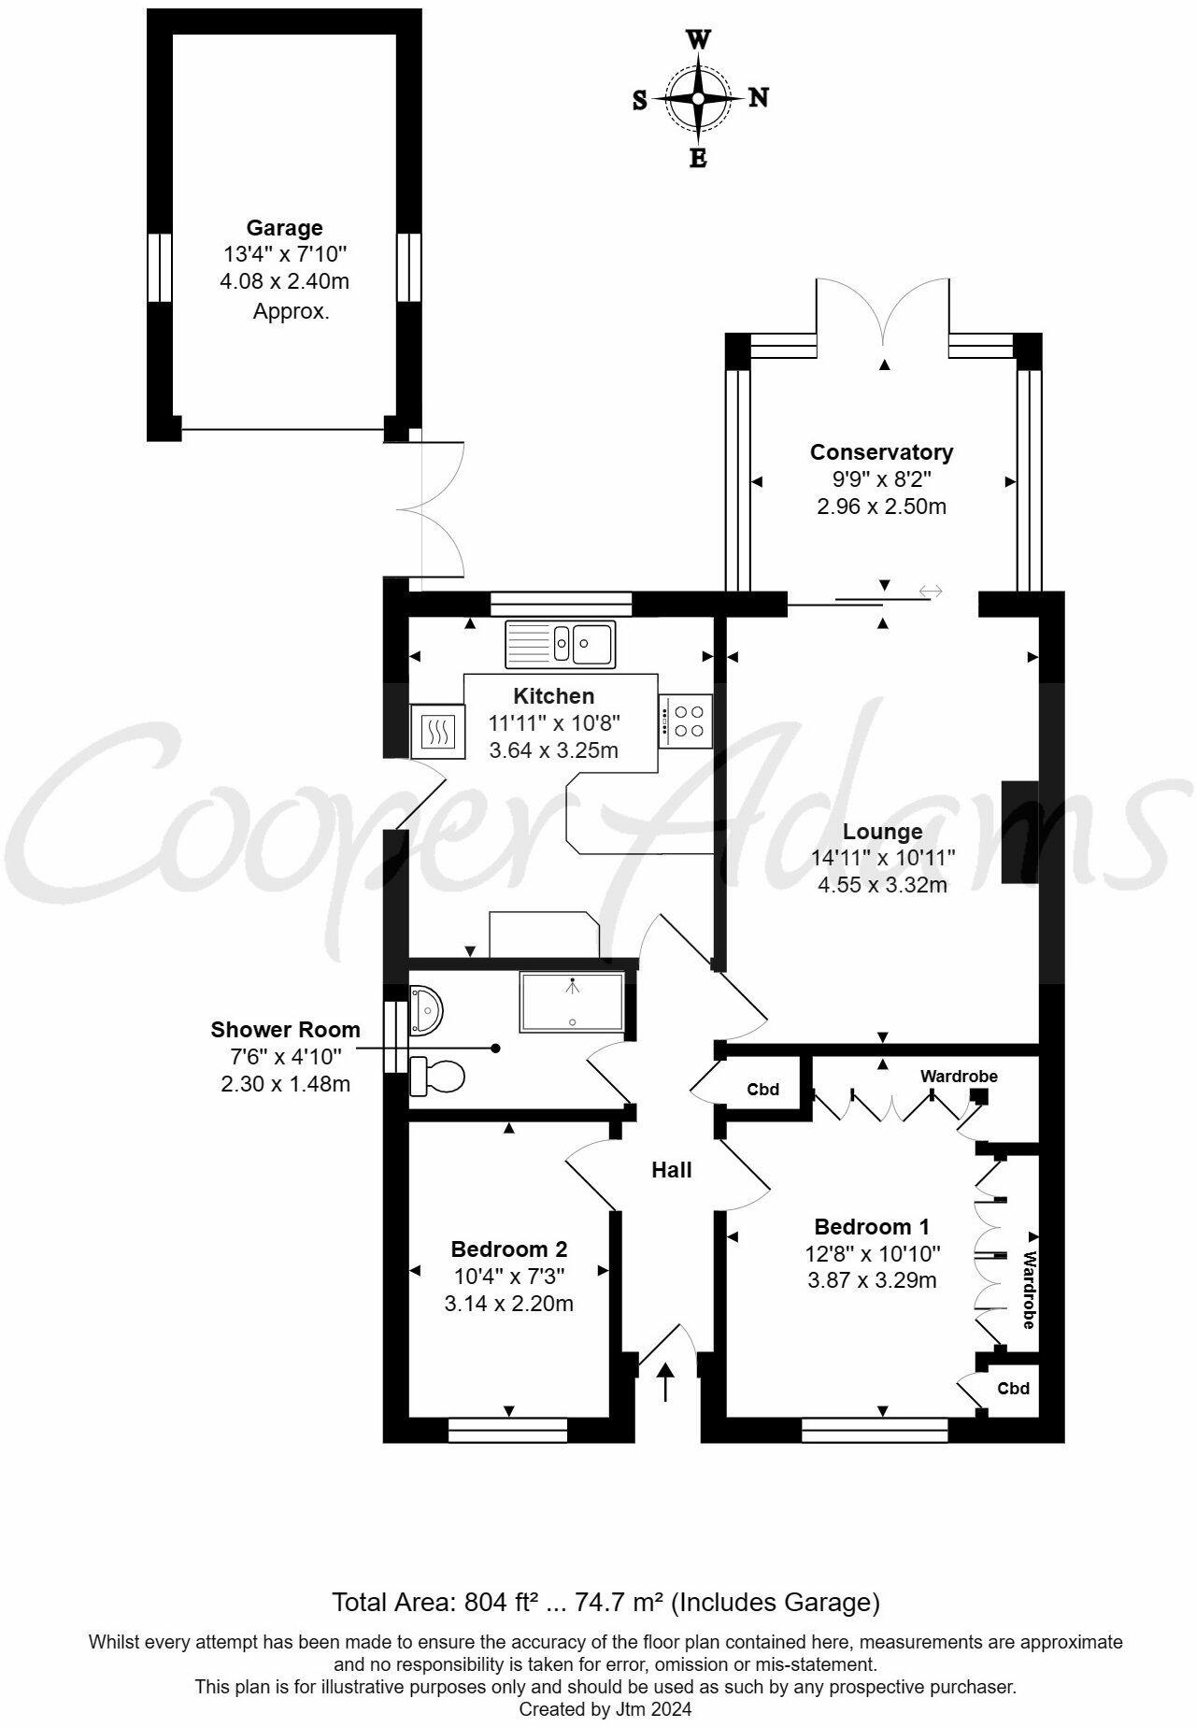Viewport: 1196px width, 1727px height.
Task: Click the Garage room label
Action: (x=284, y=227)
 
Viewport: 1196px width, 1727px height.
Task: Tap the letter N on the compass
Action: (x=759, y=97)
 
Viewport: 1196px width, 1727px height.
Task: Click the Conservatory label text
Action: (x=881, y=452)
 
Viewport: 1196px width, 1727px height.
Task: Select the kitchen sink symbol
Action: (x=560, y=644)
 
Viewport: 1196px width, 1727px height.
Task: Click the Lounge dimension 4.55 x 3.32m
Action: (x=882, y=884)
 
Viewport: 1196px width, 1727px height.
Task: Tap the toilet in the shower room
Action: (x=436, y=1077)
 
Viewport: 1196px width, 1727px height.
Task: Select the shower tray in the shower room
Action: (x=572, y=1001)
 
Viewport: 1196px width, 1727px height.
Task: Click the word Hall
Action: (x=672, y=1170)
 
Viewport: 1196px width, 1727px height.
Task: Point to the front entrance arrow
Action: (x=665, y=1382)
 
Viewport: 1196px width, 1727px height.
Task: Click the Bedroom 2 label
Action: (x=508, y=1249)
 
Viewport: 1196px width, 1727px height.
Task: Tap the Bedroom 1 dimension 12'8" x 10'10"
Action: (x=873, y=1254)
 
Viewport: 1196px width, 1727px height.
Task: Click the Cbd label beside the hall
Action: (x=762, y=1090)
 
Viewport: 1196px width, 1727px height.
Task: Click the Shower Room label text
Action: (x=285, y=1030)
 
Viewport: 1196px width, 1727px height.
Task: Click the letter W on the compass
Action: (x=698, y=39)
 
